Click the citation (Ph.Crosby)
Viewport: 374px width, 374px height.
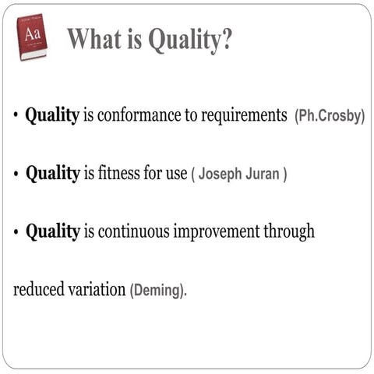pos(330,118)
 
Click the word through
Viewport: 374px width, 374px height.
pos(288,232)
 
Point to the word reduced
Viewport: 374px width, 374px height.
pos(37,289)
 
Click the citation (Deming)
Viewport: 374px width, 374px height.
pos(158,291)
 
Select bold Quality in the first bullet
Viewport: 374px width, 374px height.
pos(52,116)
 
